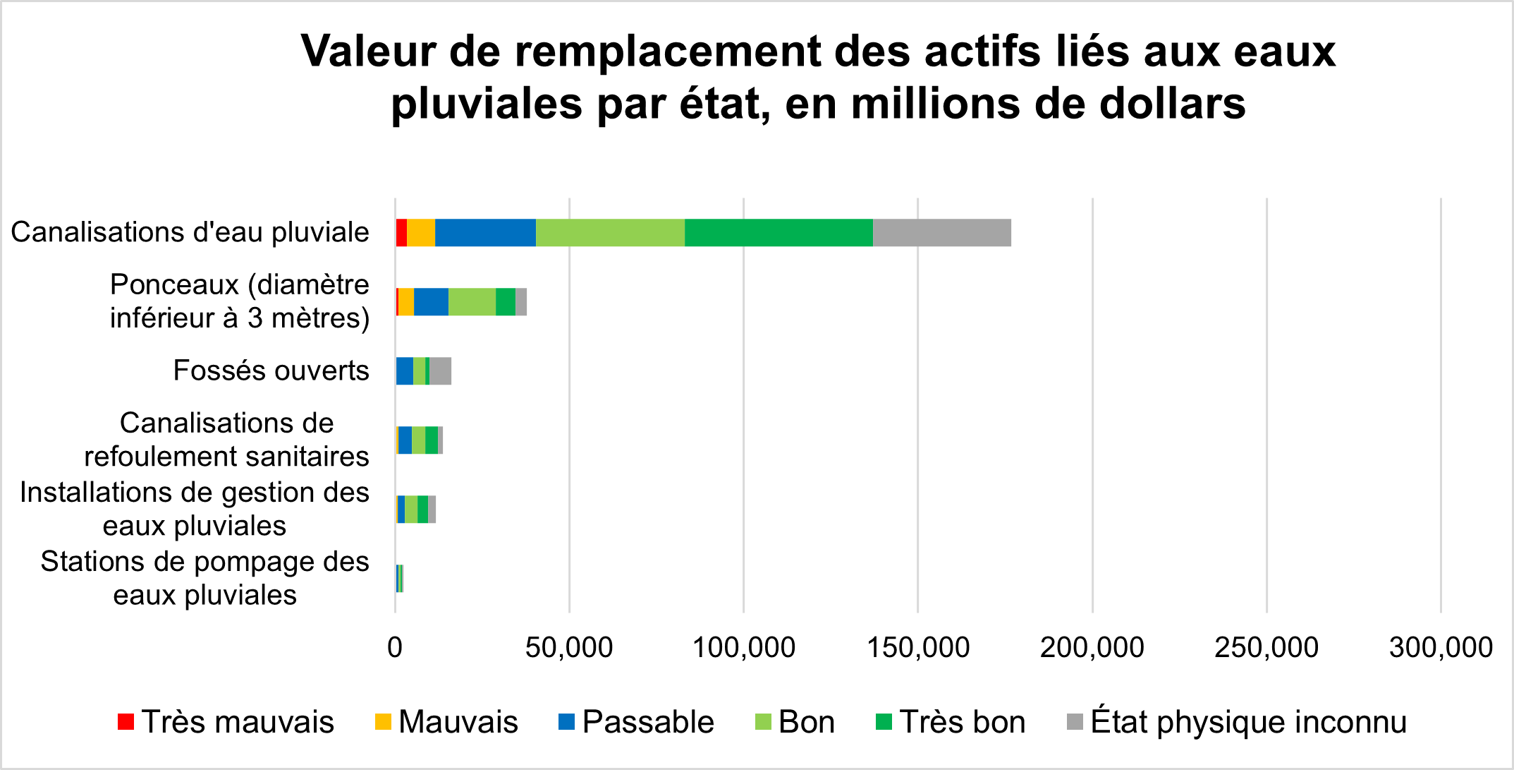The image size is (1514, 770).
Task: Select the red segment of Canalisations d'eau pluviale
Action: coord(401,233)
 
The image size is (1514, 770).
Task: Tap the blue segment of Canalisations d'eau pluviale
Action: coord(485,233)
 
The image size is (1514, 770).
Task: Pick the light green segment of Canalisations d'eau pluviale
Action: coord(610,233)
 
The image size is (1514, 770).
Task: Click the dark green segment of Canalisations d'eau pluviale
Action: coord(779,233)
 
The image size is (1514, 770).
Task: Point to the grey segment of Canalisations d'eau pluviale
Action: coord(941,233)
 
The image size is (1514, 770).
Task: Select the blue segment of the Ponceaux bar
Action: coord(431,302)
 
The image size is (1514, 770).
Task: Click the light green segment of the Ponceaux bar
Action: coord(472,302)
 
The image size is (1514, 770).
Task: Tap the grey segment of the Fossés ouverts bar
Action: coord(441,371)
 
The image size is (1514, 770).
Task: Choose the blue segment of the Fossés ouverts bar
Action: coord(404,371)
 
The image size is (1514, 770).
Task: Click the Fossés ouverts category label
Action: coord(271,371)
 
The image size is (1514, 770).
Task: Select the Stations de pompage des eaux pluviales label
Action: coord(204,578)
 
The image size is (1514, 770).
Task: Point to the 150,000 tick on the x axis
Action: coord(918,647)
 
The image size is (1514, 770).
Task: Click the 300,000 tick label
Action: coord(1441,647)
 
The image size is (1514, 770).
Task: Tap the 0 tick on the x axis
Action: coord(395,647)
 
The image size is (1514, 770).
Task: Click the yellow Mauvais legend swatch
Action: coord(383,722)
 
